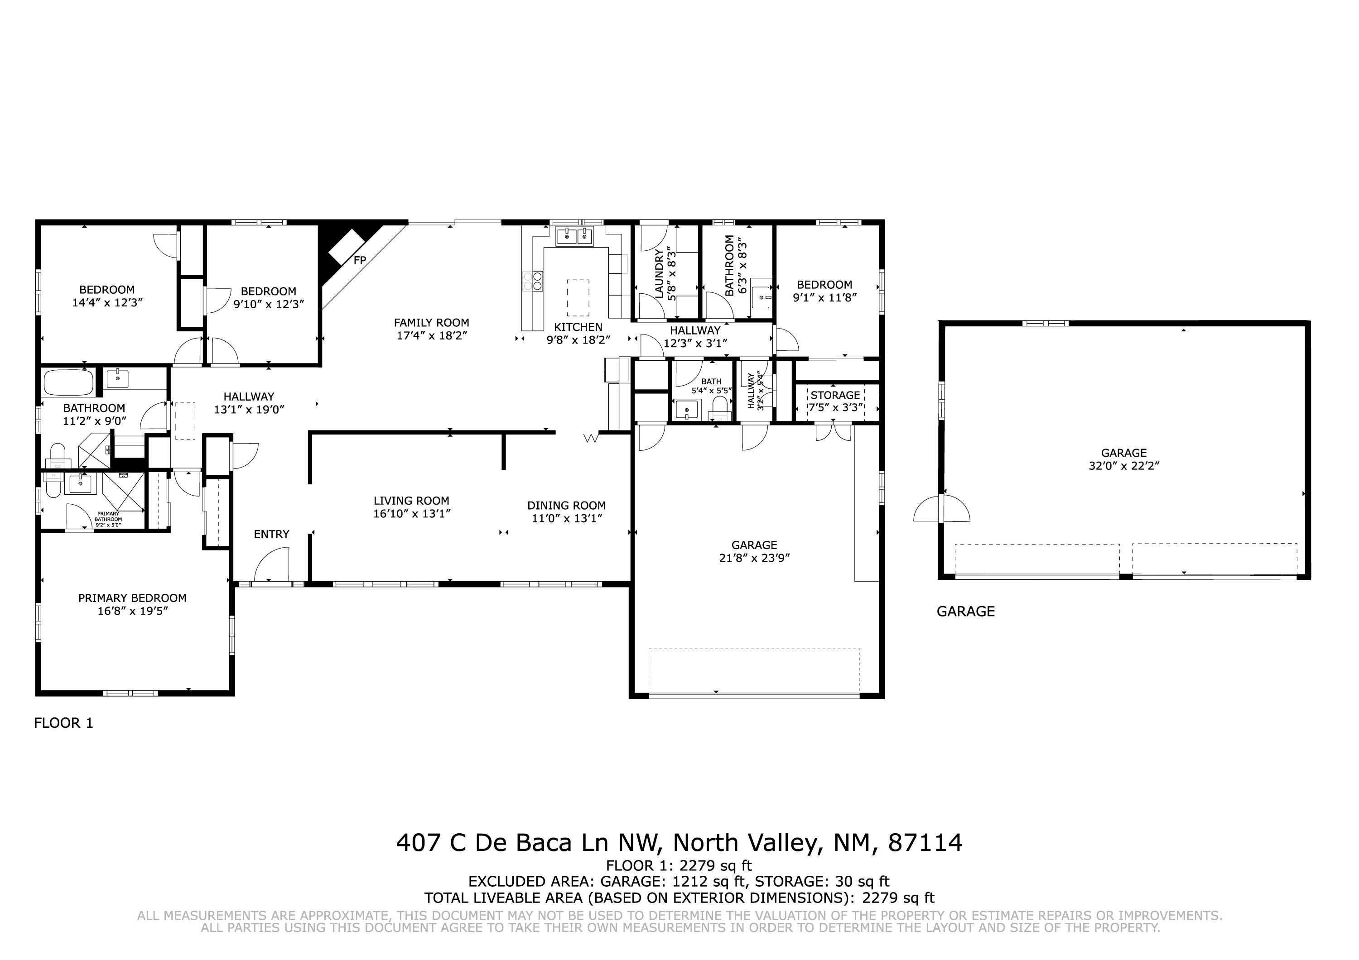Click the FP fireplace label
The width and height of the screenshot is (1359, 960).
[360, 260]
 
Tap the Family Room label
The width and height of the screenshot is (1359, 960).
[432, 322]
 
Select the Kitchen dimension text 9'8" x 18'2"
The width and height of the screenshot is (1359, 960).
[578, 340]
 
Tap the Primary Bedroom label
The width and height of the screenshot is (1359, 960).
[133, 598]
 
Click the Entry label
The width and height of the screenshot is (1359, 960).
[272, 534]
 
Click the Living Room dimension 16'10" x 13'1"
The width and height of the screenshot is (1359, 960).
[412, 513]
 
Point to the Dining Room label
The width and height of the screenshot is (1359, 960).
[566, 506]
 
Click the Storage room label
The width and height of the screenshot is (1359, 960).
[835, 395]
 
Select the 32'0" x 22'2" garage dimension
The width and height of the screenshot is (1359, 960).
[1124, 465]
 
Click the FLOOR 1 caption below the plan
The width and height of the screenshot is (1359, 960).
[64, 723]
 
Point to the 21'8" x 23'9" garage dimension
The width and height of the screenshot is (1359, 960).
[755, 558]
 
